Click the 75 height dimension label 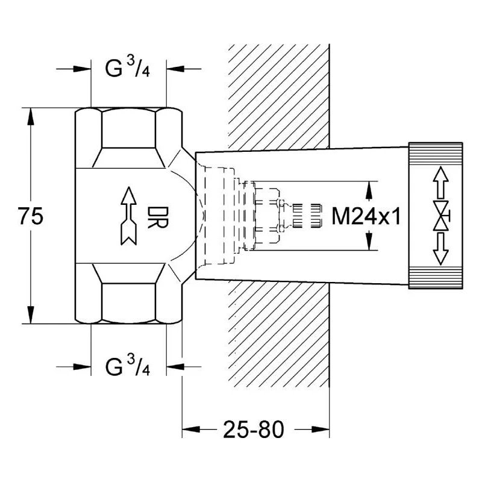coord(31,216)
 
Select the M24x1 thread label coord(366,216)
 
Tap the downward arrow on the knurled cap coord(441,249)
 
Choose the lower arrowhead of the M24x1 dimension coord(368,243)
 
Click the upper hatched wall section coord(278,90)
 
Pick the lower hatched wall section coord(278,337)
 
